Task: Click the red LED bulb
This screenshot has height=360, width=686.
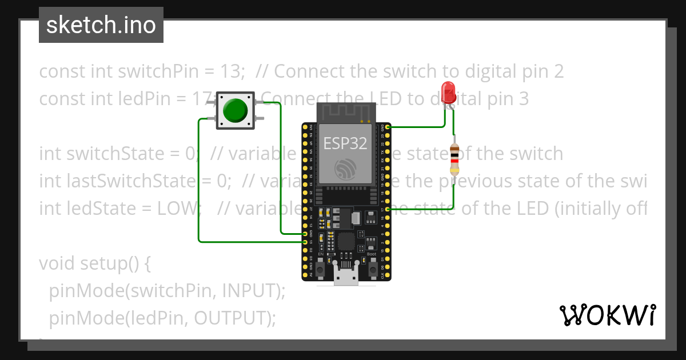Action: [448, 91]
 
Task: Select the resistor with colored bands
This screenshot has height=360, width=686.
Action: [454, 158]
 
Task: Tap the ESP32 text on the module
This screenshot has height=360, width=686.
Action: [345, 143]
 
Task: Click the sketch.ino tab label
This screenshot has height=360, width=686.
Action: [101, 25]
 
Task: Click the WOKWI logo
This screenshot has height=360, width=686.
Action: [607, 315]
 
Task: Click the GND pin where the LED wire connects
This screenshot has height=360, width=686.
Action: [388, 127]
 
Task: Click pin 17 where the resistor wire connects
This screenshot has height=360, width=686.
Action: [388, 210]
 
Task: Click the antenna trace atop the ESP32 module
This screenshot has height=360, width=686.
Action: [346, 113]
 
